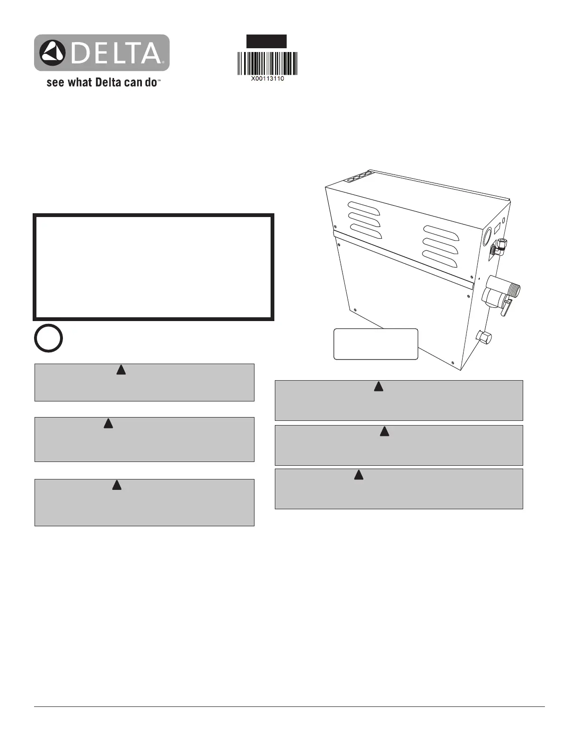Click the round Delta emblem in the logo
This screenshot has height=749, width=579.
[x=52, y=53]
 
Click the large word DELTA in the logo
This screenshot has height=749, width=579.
[x=116, y=53]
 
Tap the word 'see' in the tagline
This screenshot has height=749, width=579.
[x=55, y=83]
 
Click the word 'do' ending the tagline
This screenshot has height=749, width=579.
[x=151, y=83]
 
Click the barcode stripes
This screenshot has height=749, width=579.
[x=267, y=63]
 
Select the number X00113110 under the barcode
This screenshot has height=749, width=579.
[x=267, y=79]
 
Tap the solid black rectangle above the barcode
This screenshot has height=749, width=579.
[x=266, y=41]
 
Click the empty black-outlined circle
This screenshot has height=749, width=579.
[x=48, y=338]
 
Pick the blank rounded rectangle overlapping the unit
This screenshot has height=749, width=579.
[x=376, y=344]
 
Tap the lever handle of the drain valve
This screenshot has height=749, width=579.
[x=507, y=309]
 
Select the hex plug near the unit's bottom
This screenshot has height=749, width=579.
[x=484, y=338]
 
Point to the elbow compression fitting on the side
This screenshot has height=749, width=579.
[x=500, y=246]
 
